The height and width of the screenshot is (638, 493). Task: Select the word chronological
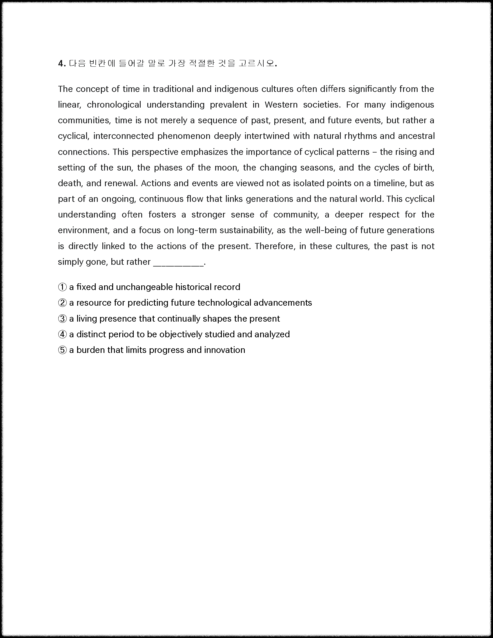click(114, 105)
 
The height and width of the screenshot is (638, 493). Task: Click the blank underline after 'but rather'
click(178, 263)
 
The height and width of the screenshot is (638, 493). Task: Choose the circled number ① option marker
click(62, 287)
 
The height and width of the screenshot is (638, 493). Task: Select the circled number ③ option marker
click(62, 319)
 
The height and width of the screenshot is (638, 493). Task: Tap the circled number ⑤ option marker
click(62, 350)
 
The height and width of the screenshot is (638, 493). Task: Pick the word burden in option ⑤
click(90, 350)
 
